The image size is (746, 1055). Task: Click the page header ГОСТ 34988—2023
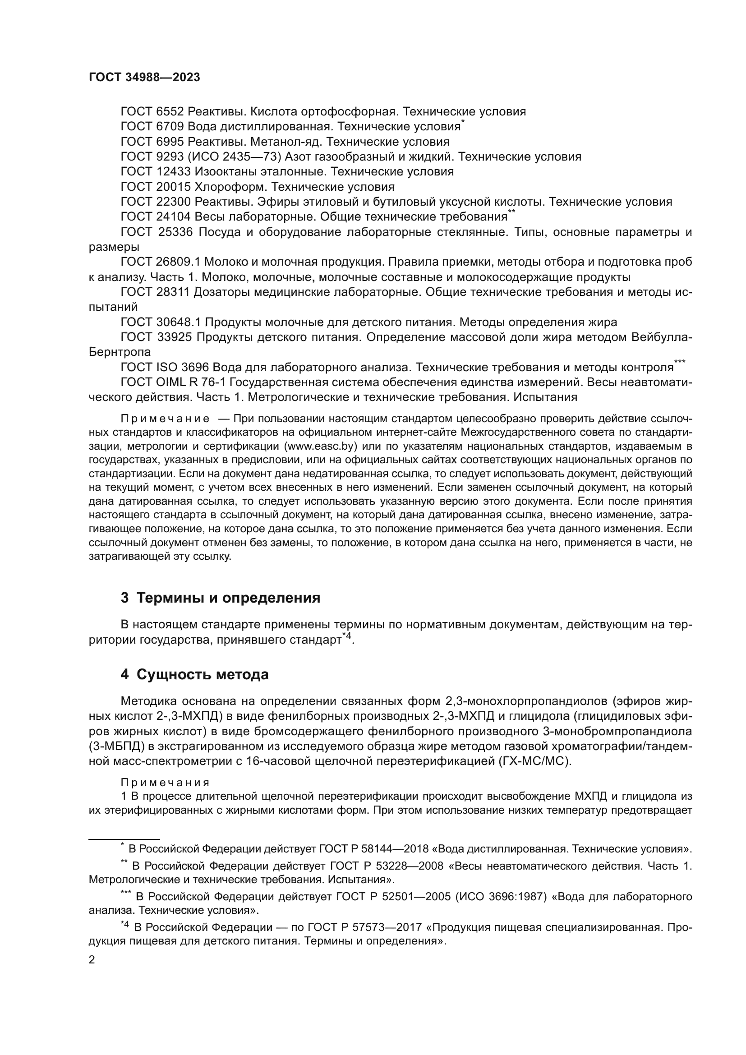tap(144, 78)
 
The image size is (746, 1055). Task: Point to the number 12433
tap(173, 172)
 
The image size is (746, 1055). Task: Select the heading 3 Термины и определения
tap(220, 598)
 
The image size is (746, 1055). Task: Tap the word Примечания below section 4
tap(166, 783)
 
